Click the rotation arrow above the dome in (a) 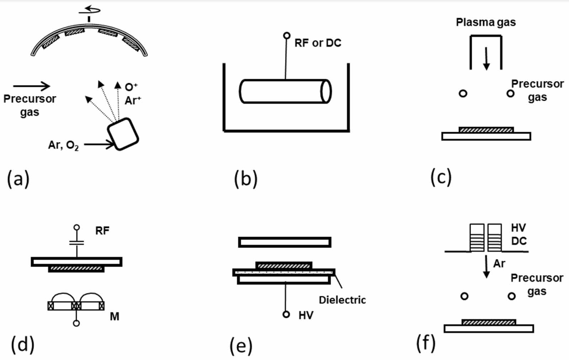point(90,10)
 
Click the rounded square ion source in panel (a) point(123,134)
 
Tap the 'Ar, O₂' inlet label point(63,145)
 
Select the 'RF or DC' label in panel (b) point(318,43)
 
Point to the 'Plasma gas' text point(486,22)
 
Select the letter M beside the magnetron point(115,316)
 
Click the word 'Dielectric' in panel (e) point(342,300)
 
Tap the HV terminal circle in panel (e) point(286,315)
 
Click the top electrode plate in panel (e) point(284,242)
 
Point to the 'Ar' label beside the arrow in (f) point(499,263)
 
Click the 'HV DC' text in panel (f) point(519,234)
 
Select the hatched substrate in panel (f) point(489,322)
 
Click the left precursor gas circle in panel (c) point(463,93)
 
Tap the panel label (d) point(23,344)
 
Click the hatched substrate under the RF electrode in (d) point(76,269)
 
